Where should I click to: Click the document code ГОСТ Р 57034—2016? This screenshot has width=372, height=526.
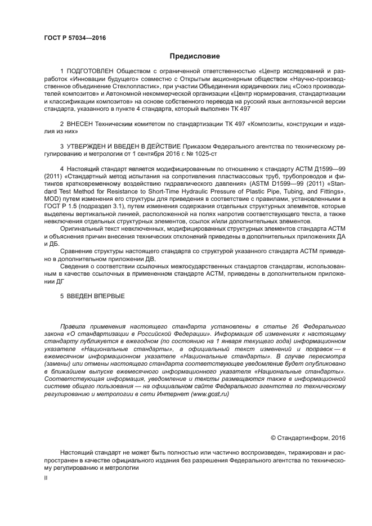coord(74,38)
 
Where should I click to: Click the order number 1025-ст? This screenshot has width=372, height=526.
coord(205,153)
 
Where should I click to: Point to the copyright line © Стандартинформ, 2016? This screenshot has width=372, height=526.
coord(308,437)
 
